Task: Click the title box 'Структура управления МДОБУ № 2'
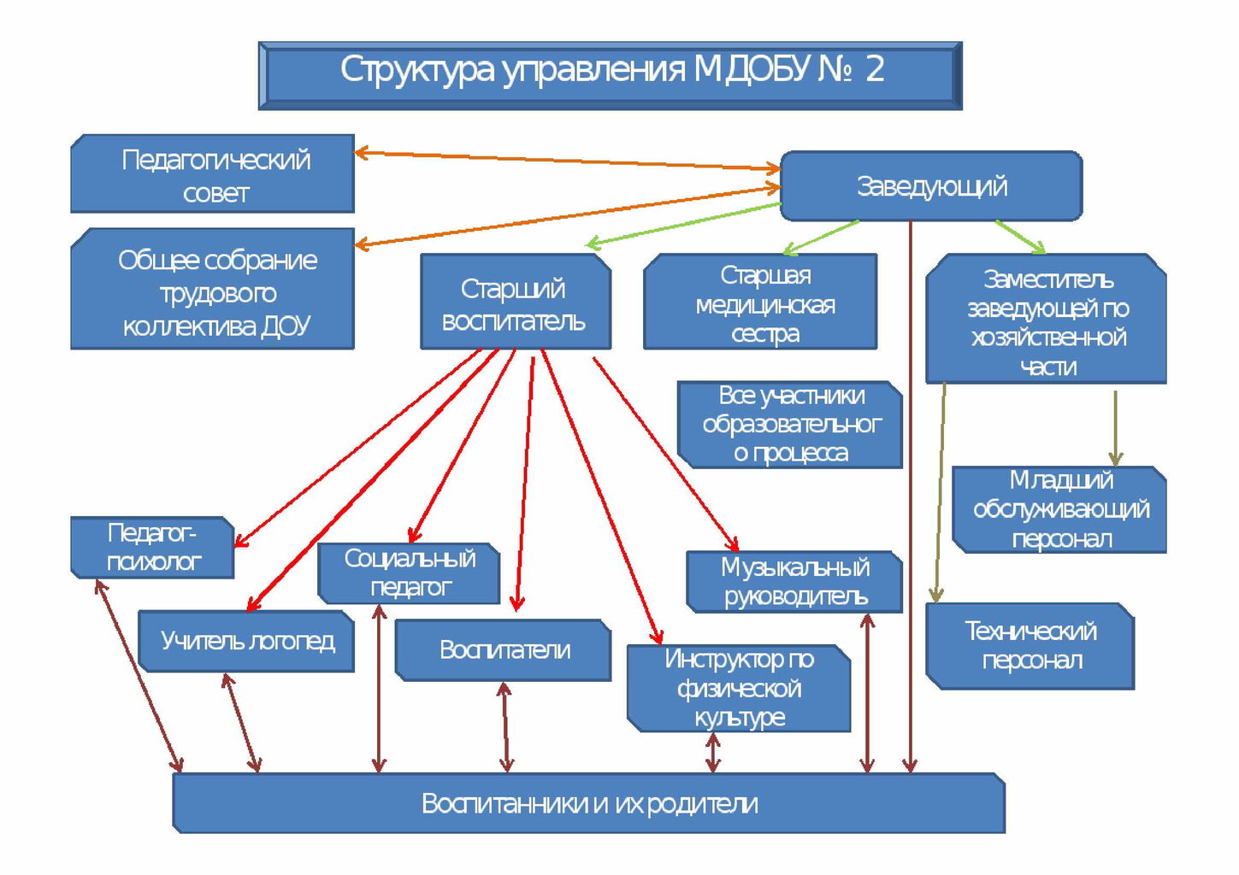tap(610, 75)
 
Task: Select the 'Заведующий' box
tap(931, 186)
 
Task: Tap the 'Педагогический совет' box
tap(213, 174)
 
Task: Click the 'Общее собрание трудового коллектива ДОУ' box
tap(213, 291)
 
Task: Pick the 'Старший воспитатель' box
tap(515, 302)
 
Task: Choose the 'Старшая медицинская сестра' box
tap(760, 302)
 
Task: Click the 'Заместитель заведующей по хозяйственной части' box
tap(1046, 320)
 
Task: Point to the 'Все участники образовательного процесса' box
tap(790, 424)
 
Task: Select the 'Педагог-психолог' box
tap(152, 547)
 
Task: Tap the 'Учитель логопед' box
tap(246, 641)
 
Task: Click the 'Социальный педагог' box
tap(409, 573)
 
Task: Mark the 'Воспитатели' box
tap(504, 649)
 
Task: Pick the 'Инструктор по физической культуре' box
tap(739, 688)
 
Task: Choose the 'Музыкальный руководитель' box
tap(794, 581)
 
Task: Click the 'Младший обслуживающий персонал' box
tap(1059, 509)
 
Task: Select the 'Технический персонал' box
tap(1030, 645)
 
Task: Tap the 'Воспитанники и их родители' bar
tap(589, 803)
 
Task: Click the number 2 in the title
tap(874, 69)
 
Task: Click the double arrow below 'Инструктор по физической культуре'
tap(712, 753)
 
